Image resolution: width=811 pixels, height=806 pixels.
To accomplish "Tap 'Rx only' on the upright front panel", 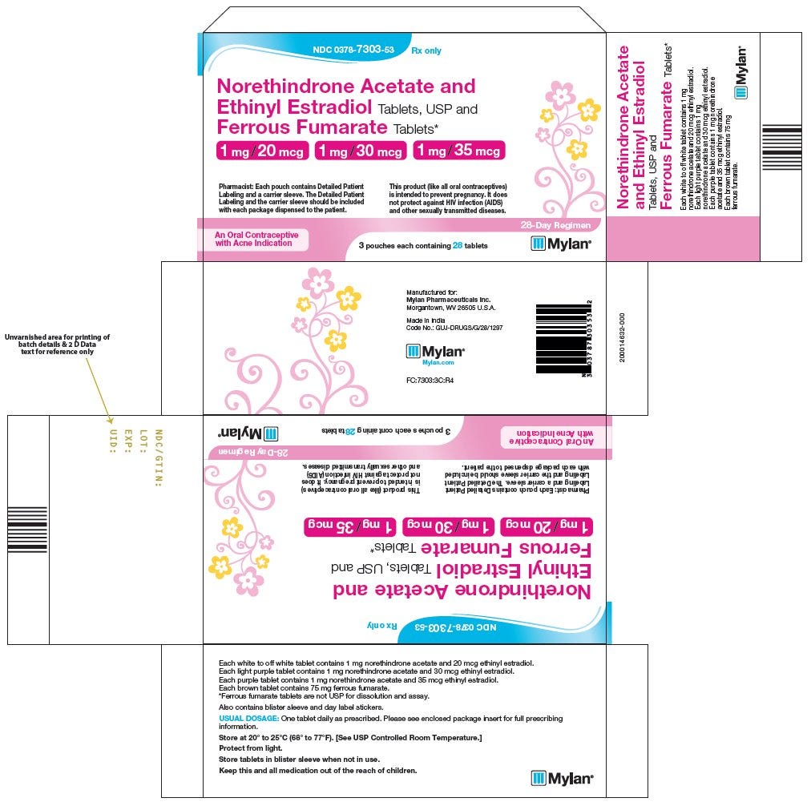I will click(426, 50).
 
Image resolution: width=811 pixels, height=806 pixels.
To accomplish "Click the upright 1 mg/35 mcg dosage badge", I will click(459, 151).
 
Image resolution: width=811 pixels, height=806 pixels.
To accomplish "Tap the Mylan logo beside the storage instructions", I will click(563, 777).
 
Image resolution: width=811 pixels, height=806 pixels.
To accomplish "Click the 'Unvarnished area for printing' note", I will click(57, 344).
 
